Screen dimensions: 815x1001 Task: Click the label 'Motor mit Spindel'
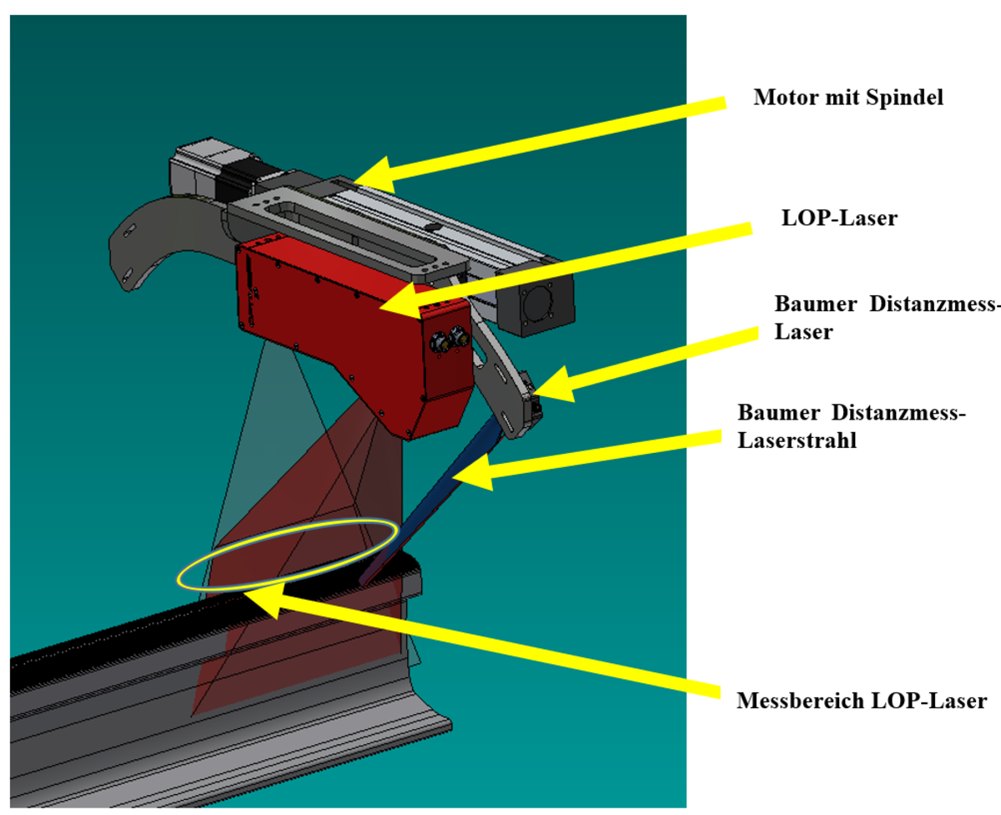(848, 98)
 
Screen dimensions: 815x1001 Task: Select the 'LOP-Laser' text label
(838, 219)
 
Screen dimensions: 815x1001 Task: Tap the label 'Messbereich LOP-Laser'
(862, 701)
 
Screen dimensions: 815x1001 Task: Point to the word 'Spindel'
(906, 98)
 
